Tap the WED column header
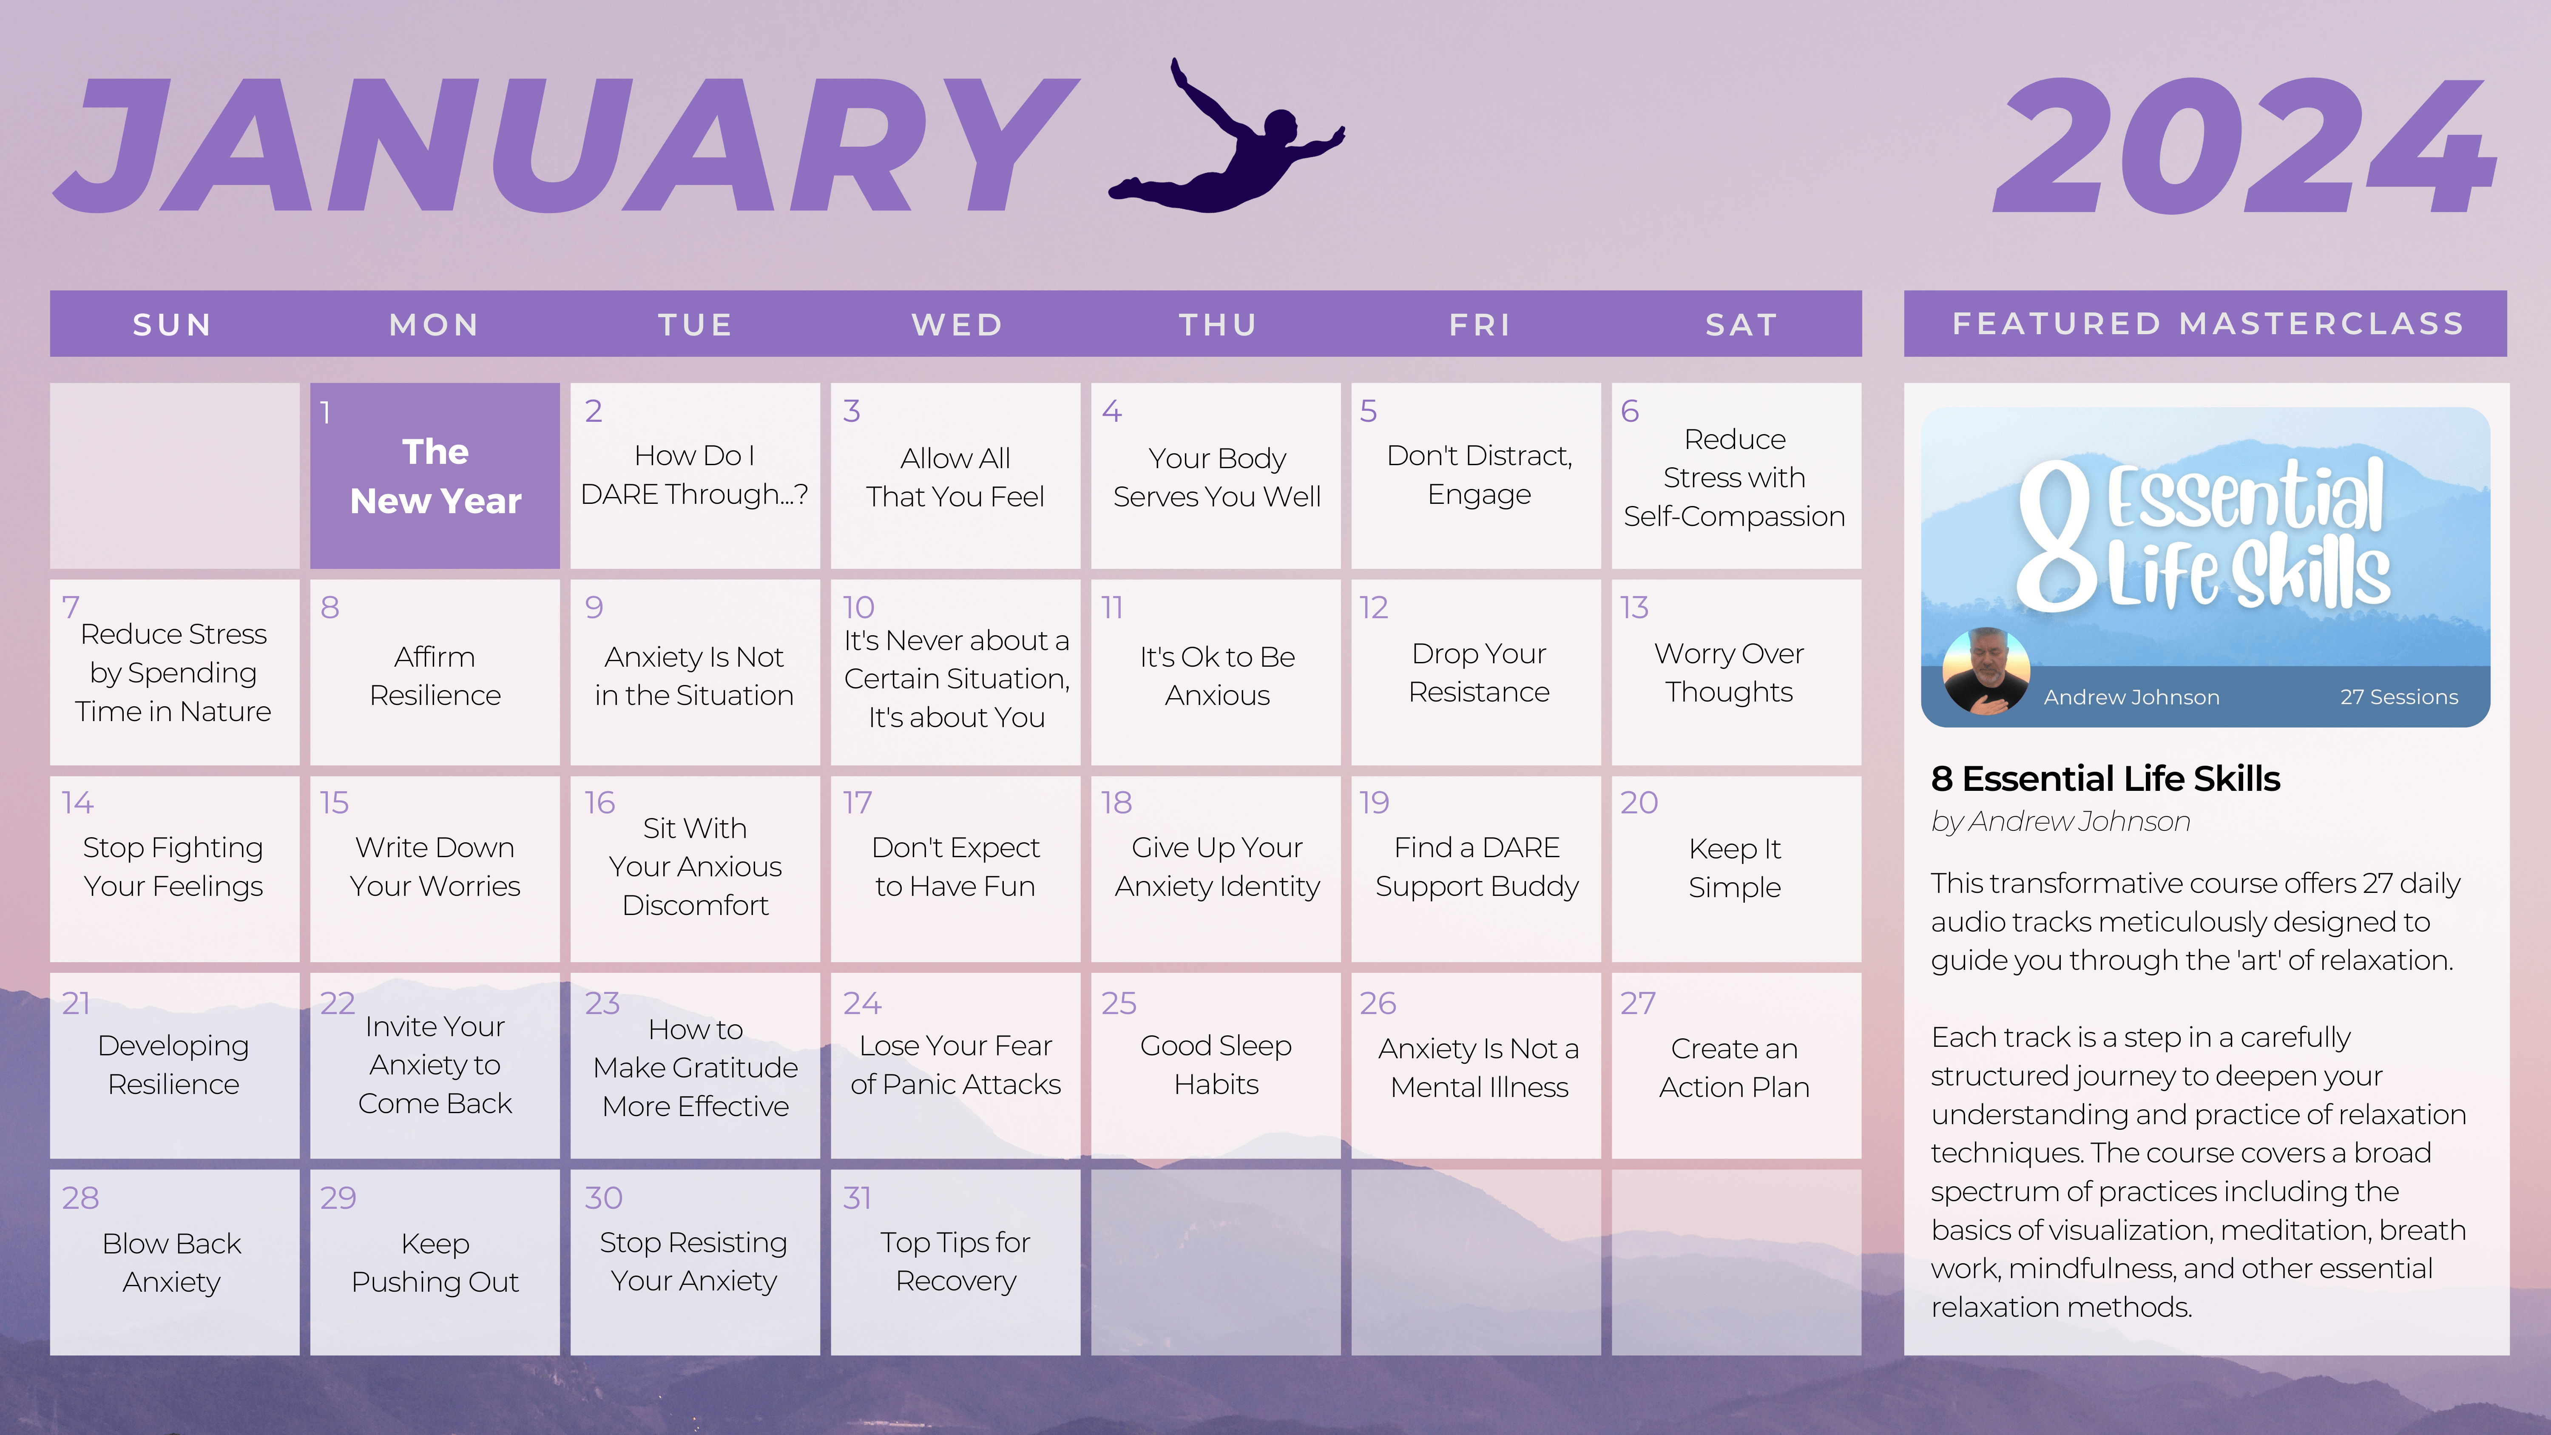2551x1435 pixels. click(957, 325)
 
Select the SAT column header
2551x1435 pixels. click(1741, 325)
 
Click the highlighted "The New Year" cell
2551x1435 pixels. click(435, 475)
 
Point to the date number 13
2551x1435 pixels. click(1634, 607)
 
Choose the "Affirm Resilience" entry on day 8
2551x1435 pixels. click(435, 676)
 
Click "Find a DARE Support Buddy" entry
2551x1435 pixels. click(1477, 867)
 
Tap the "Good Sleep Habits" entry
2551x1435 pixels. click(1216, 1065)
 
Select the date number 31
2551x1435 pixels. click(857, 1197)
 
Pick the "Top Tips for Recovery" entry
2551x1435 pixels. click(956, 1261)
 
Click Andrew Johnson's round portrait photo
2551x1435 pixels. click(1986, 671)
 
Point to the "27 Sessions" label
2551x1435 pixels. click(2398, 697)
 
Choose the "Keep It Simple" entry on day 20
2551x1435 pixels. click(1734, 867)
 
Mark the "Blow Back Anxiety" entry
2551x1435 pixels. click(172, 1262)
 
